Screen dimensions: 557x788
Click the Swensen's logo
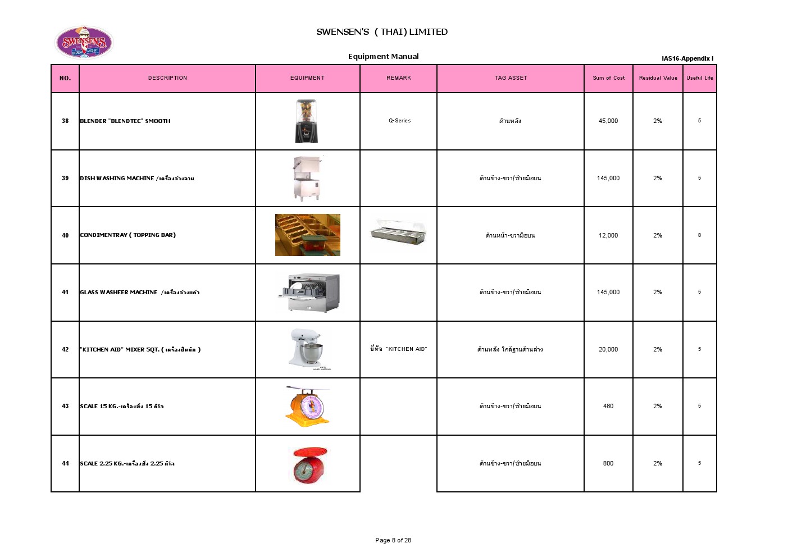[84, 43]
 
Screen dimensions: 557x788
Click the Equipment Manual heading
[383, 56]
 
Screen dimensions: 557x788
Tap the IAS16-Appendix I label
[687, 58]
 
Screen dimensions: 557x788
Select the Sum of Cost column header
[608, 78]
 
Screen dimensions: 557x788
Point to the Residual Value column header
[658, 78]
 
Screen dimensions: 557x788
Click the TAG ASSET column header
[511, 78]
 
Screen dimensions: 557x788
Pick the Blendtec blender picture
[307, 121]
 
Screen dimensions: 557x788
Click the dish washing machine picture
[307, 179]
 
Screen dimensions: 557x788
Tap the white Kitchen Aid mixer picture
[307, 349]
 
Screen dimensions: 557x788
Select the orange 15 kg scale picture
[307, 405]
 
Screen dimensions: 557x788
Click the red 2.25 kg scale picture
[307, 464]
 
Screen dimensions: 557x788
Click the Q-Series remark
[399, 121]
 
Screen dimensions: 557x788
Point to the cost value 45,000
[608, 121]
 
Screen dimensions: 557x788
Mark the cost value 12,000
[608, 235]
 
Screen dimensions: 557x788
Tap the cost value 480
[608, 406]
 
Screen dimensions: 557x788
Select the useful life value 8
[699, 235]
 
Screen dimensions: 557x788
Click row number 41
[65, 292]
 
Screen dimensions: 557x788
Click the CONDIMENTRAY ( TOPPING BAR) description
[127, 235]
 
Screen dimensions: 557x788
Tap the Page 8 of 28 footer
[393, 540]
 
